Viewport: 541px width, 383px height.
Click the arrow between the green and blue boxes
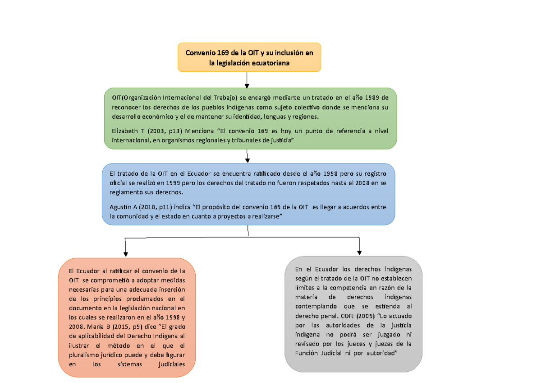(248, 156)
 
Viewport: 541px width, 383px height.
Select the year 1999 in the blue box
(175, 183)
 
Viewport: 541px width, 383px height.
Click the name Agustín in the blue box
(121, 207)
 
